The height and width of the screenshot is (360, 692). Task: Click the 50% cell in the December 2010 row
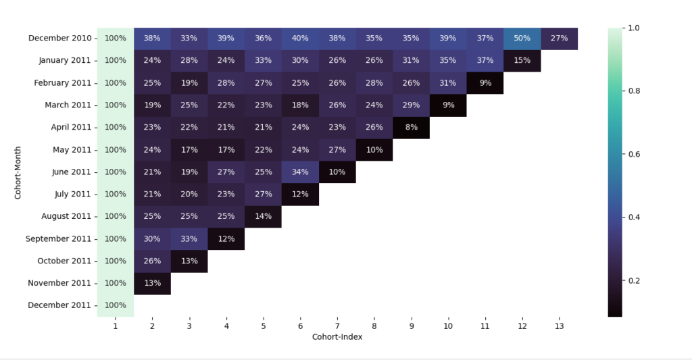[x=522, y=38]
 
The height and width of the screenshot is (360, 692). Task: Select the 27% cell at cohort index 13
[x=559, y=38]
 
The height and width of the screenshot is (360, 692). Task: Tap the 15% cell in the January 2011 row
[x=522, y=61]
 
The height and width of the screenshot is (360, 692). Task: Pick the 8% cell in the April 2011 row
[x=411, y=127]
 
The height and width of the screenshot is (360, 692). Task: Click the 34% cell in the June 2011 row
[x=300, y=172]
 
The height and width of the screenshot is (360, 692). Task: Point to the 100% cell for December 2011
[x=115, y=305]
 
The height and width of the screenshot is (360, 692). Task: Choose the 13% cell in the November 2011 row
[x=152, y=283]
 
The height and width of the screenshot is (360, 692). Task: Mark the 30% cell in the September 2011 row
[x=152, y=238]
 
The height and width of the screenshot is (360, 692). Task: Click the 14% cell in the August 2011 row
[x=263, y=216]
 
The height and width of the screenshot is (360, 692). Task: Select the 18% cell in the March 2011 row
[x=300, y=105]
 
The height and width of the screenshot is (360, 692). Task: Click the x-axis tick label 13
[x=559, y=326]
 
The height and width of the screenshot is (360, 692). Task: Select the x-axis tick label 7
[x=337, y=326]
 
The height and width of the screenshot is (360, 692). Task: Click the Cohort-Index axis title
[x=337, y=336]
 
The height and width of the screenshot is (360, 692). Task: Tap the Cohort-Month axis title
[x=18, y=172]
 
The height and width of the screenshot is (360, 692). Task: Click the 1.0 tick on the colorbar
[x=635, y=28]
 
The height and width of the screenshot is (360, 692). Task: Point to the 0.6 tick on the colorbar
[x=635, y=154]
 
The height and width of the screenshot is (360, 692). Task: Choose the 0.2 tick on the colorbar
[x=635, y=280]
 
